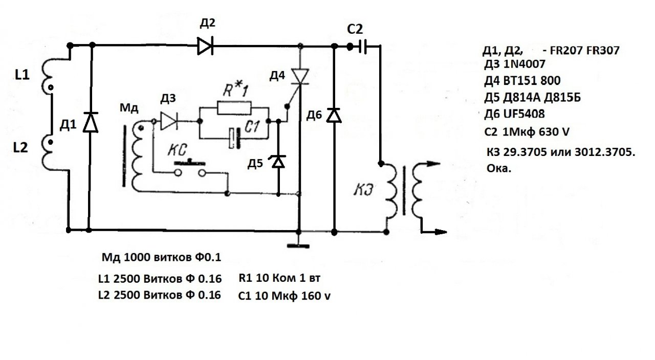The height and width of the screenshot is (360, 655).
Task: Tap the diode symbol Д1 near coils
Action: click(91, 122)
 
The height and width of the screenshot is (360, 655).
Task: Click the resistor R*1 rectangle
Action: click(234, 108)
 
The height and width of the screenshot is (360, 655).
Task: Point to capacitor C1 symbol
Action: click(234, 139)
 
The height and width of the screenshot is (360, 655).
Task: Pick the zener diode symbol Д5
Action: click(278, 162)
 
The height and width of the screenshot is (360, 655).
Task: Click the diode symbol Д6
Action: click(334, 116)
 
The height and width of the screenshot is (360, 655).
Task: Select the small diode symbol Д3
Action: click(168, 121)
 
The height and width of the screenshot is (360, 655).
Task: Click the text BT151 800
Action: click(532, 81)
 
